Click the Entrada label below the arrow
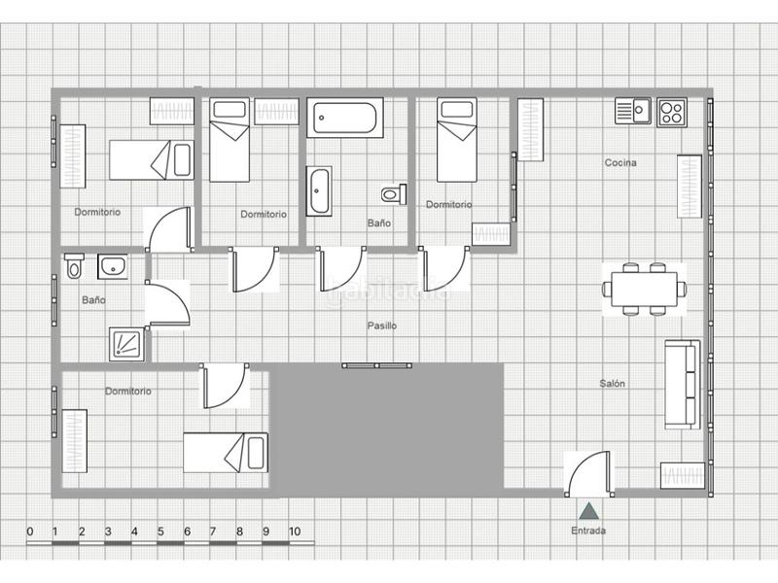(x=588, y=531)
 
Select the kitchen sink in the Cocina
(x=632, y=112)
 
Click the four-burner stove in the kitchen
(x=671, y=112)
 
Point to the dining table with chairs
(x=644, y=289)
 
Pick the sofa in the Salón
(x=682, y=384)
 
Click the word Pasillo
(x=381, y=326)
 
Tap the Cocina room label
(x=620, y=163)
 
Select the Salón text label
(x=613, y=384)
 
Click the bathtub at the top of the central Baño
(x=343, y=119)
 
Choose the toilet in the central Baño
(x=392, y=194)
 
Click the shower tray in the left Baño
(x=126, y=343)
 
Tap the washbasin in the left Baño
(x=114, y=264)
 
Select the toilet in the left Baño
(x=74, y=265)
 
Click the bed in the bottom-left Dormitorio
(x=226, y=453)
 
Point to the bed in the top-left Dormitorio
(x=152, y=159)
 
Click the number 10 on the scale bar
(x=294, y=532)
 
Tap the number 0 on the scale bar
(x=30, y=532)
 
